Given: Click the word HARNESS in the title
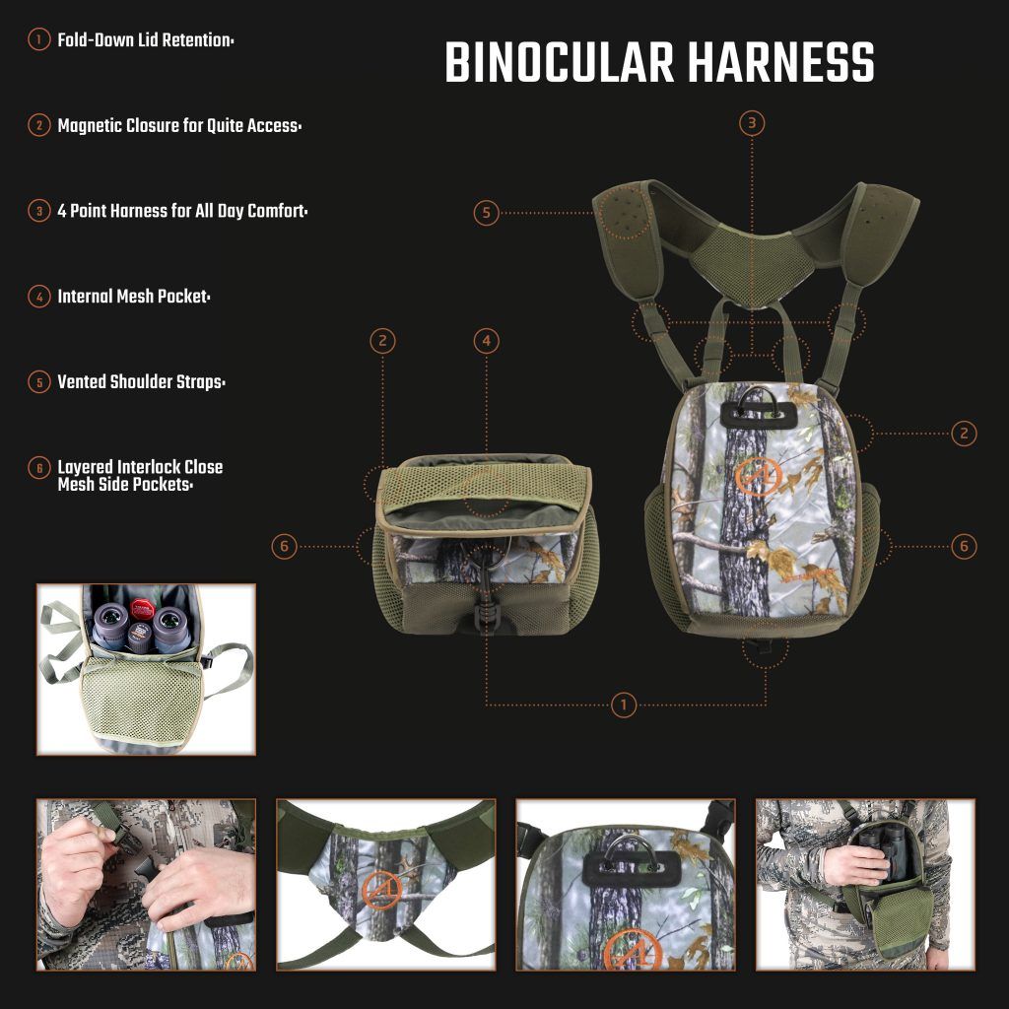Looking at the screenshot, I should [x=781, y=64].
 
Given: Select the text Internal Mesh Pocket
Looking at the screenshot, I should [x=134, y=296].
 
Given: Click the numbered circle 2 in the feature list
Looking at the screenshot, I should [x=39, y=126].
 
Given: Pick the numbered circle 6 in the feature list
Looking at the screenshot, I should [x=39, y=468].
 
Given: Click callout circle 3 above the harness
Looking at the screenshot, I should [x=752, y=123].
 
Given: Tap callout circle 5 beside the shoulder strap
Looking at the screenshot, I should [x=486, y=212].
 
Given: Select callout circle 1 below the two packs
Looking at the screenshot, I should [x=623, y=705].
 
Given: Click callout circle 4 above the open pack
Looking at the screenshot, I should [x=485, y=341].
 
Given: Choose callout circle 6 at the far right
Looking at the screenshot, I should [x=965, y=545].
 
